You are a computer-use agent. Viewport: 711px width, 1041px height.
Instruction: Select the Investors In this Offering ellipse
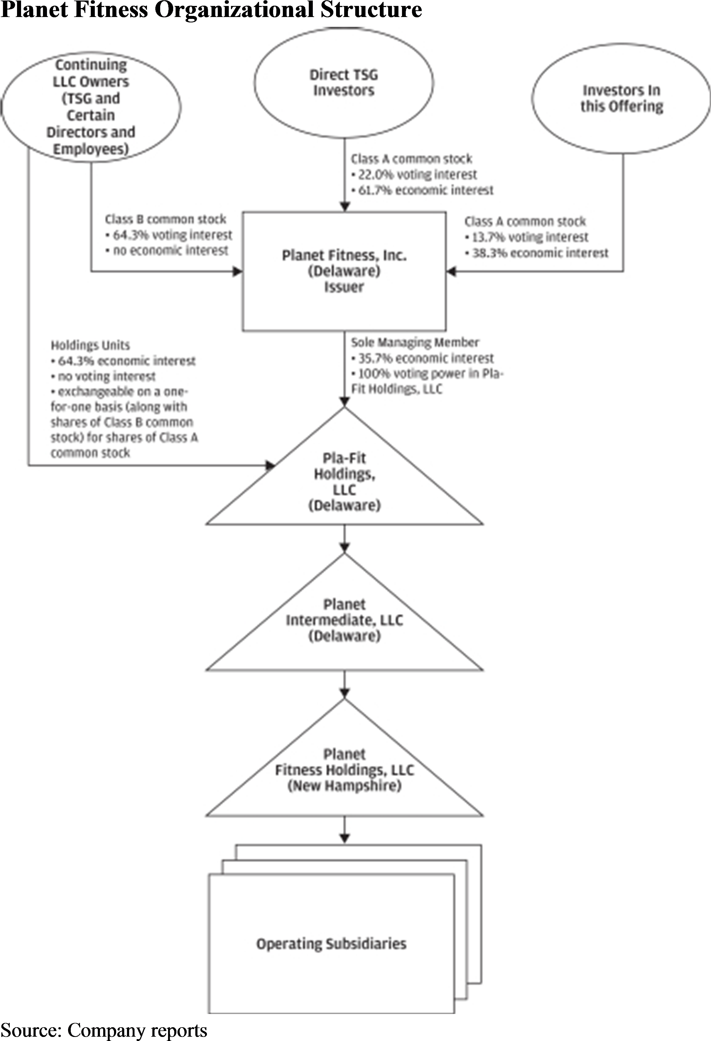(621, 99)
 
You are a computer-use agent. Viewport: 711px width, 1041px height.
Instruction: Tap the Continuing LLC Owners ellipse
(91, 107)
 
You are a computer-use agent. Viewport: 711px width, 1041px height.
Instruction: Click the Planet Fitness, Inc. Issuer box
(344, 271)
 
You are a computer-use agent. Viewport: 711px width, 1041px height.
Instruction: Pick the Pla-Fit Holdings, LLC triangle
(344, 481)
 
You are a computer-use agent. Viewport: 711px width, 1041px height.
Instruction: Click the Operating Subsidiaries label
(331, 944)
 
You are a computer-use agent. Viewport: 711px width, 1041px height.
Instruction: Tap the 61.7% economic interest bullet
(425, 190)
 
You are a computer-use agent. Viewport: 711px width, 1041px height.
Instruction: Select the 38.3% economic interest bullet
(539, 253)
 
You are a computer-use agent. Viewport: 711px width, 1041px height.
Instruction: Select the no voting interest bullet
(106, 376)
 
